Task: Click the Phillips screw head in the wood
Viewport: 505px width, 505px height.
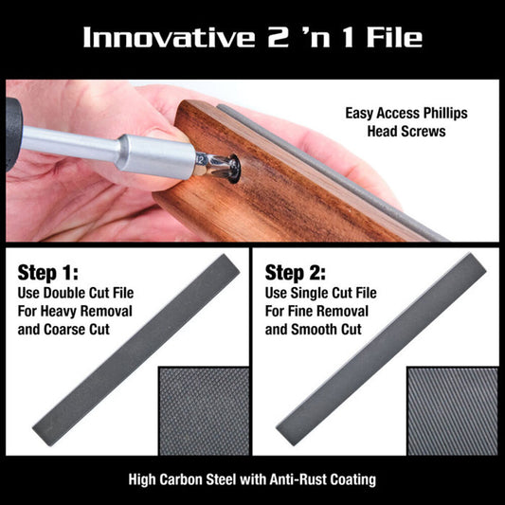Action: tap(227, 166)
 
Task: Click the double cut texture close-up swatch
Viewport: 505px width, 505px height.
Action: tap(203, 410)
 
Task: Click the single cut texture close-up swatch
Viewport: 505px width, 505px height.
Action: tap(452, 410)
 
